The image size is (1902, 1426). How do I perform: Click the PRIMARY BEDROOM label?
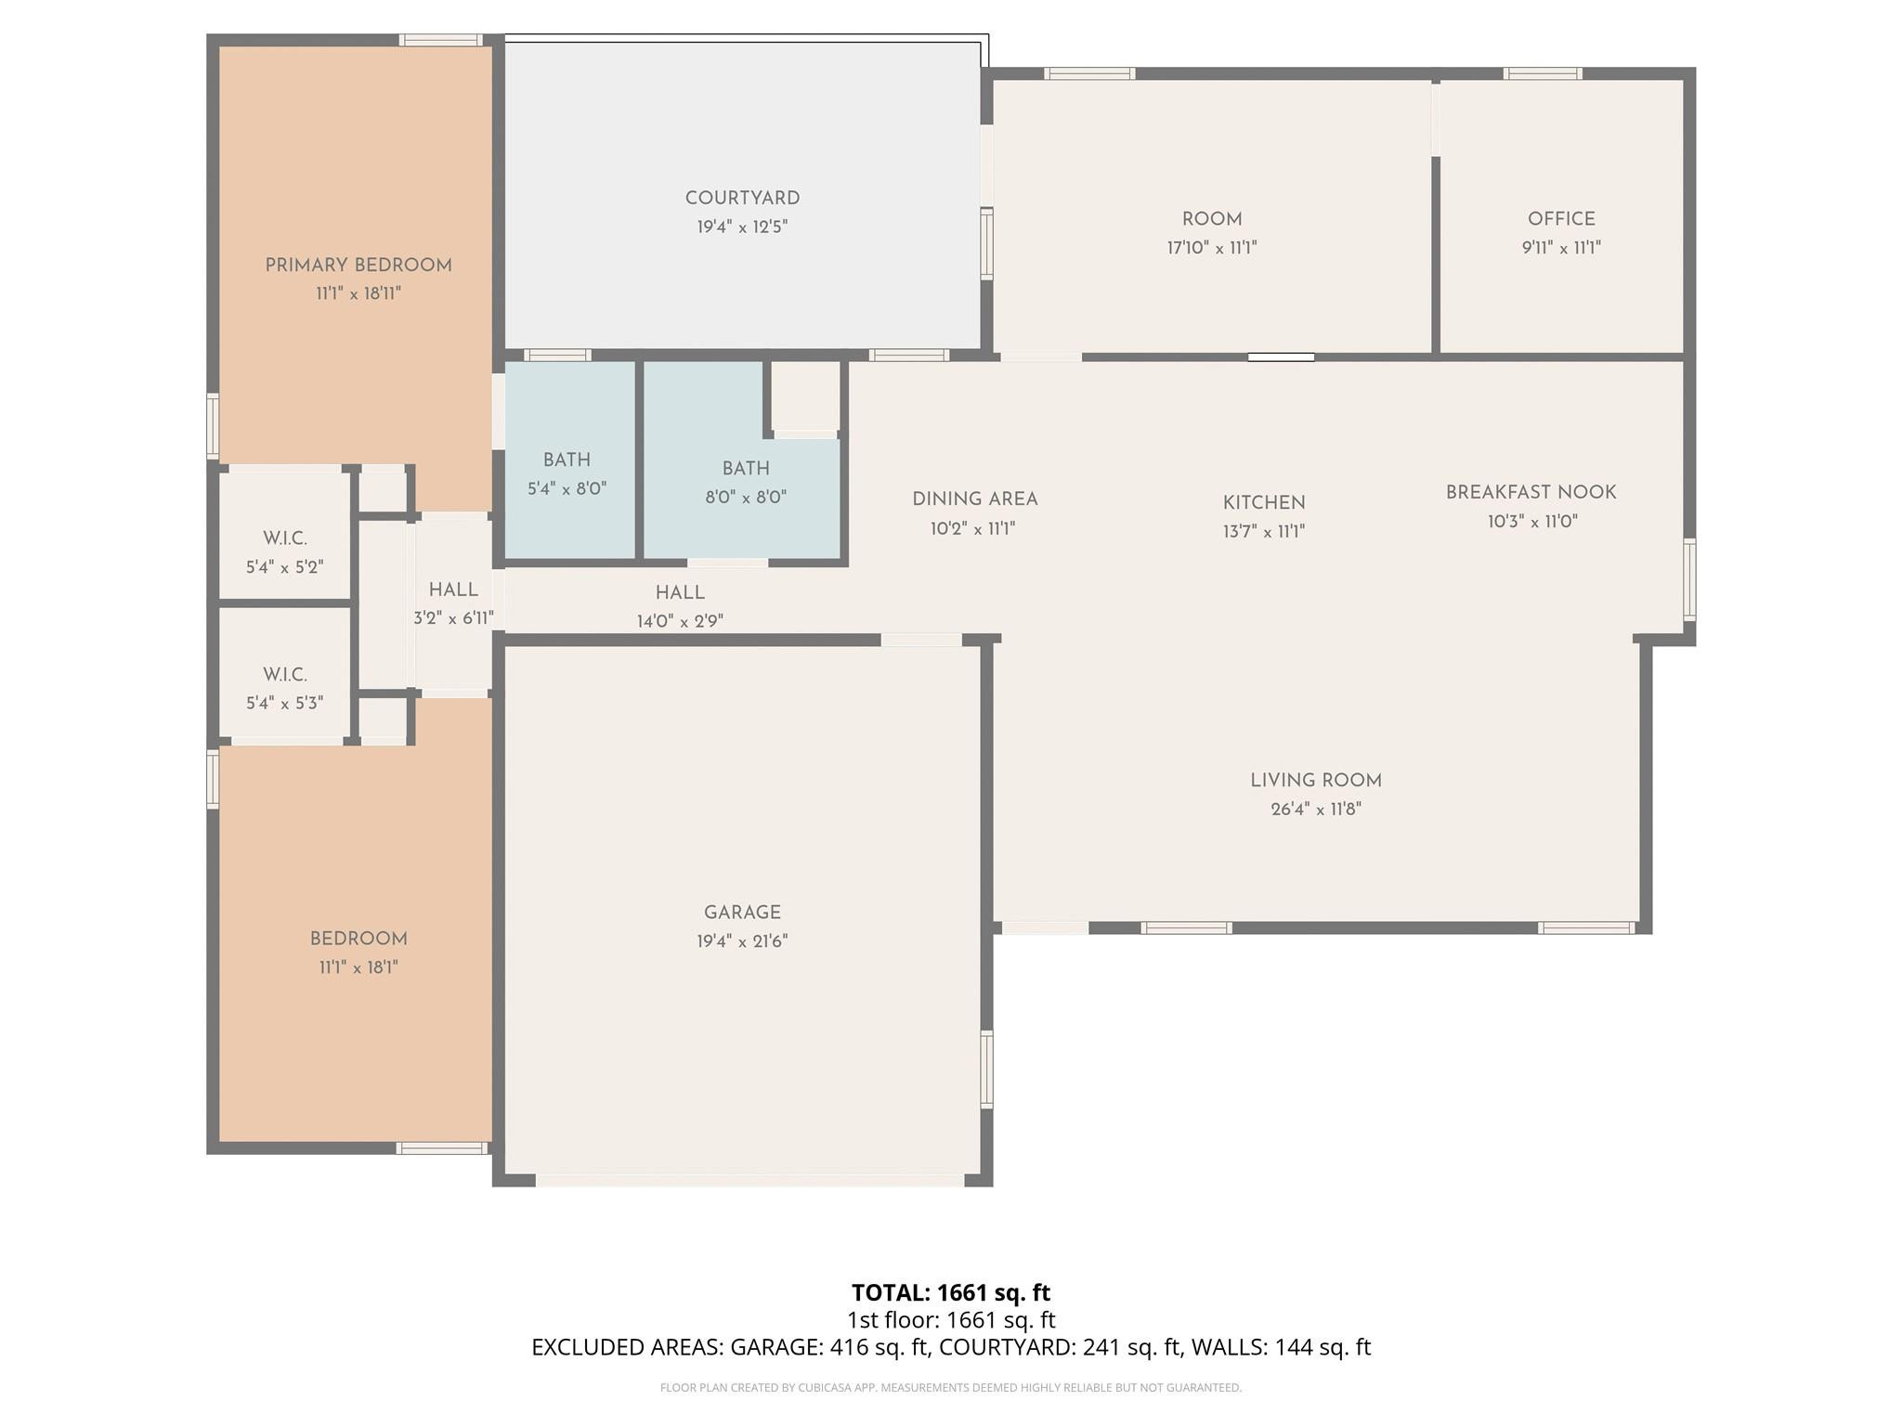pos(358,266)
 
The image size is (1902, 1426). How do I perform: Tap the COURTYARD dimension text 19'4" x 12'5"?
pos(742,227)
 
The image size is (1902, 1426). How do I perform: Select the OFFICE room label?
pos(1561,219)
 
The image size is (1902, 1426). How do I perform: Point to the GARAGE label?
pos(742,913)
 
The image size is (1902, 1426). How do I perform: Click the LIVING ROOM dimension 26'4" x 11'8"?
pos(1315,809)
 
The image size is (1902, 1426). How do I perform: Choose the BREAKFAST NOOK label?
pos(1531,493)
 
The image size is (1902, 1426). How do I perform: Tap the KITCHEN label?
pos(1264,502)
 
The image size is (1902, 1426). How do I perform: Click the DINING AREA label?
pos(974,499)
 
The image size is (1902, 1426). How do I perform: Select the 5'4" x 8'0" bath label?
pos(567,460)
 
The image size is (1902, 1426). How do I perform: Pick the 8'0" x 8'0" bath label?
pos(746,469)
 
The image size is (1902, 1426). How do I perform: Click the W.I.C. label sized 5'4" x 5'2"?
pos(285,538)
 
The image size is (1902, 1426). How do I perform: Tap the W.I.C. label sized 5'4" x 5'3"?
pos(285,675)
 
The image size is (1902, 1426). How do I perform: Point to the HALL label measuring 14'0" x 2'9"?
pos(680,592)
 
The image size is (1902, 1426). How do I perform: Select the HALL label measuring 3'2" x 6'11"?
pos(453,590)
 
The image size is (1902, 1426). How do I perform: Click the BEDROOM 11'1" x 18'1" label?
pos(358,939)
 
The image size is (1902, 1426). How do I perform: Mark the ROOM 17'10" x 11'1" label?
pos(1212,219)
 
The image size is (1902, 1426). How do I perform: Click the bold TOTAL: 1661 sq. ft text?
pos(950,1292)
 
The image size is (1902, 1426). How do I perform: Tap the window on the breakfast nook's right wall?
pos(1689,580)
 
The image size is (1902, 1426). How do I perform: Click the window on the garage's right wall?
pos(986,1068)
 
